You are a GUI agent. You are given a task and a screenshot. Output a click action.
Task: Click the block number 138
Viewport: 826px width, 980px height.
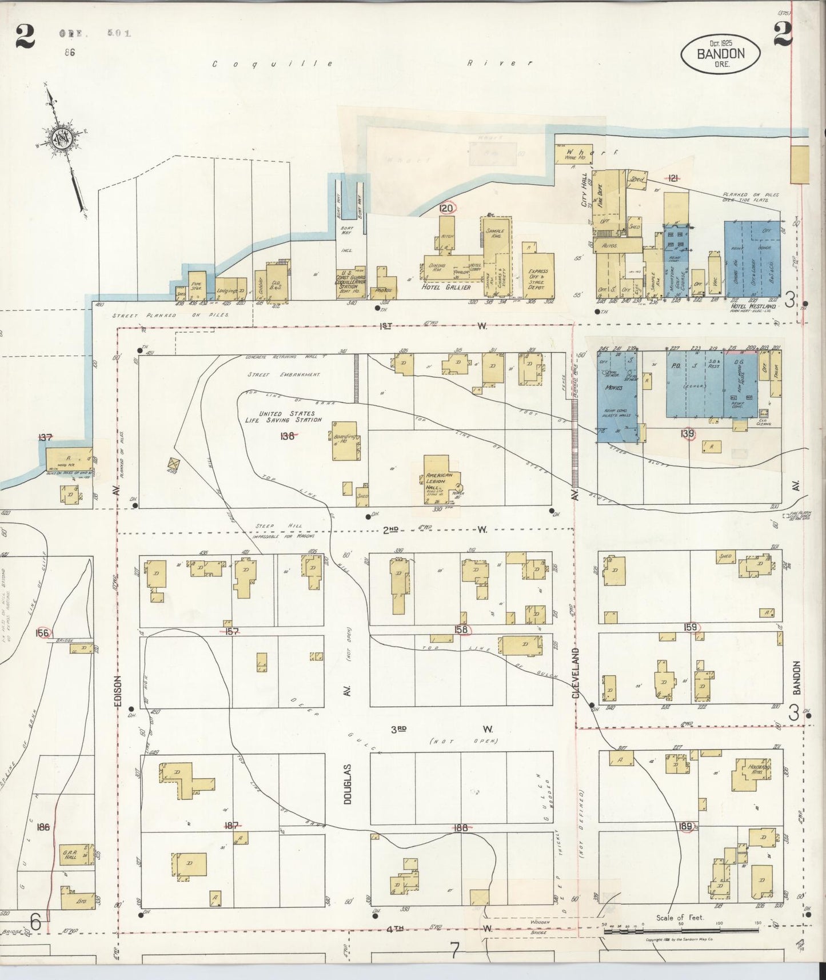click(x=288, y=436)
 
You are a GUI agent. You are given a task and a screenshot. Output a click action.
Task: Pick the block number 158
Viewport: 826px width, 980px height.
click(x=461, y=630)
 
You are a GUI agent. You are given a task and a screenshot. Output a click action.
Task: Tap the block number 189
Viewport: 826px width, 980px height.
click(x=686, y=826)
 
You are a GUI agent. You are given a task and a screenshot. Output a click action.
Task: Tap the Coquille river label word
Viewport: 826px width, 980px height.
click(x=273, y=64)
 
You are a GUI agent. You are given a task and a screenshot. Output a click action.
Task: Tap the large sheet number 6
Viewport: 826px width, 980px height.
click(x=35, y=922)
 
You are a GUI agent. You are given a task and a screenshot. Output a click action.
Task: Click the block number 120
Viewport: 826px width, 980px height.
click(x=446, y=208)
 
